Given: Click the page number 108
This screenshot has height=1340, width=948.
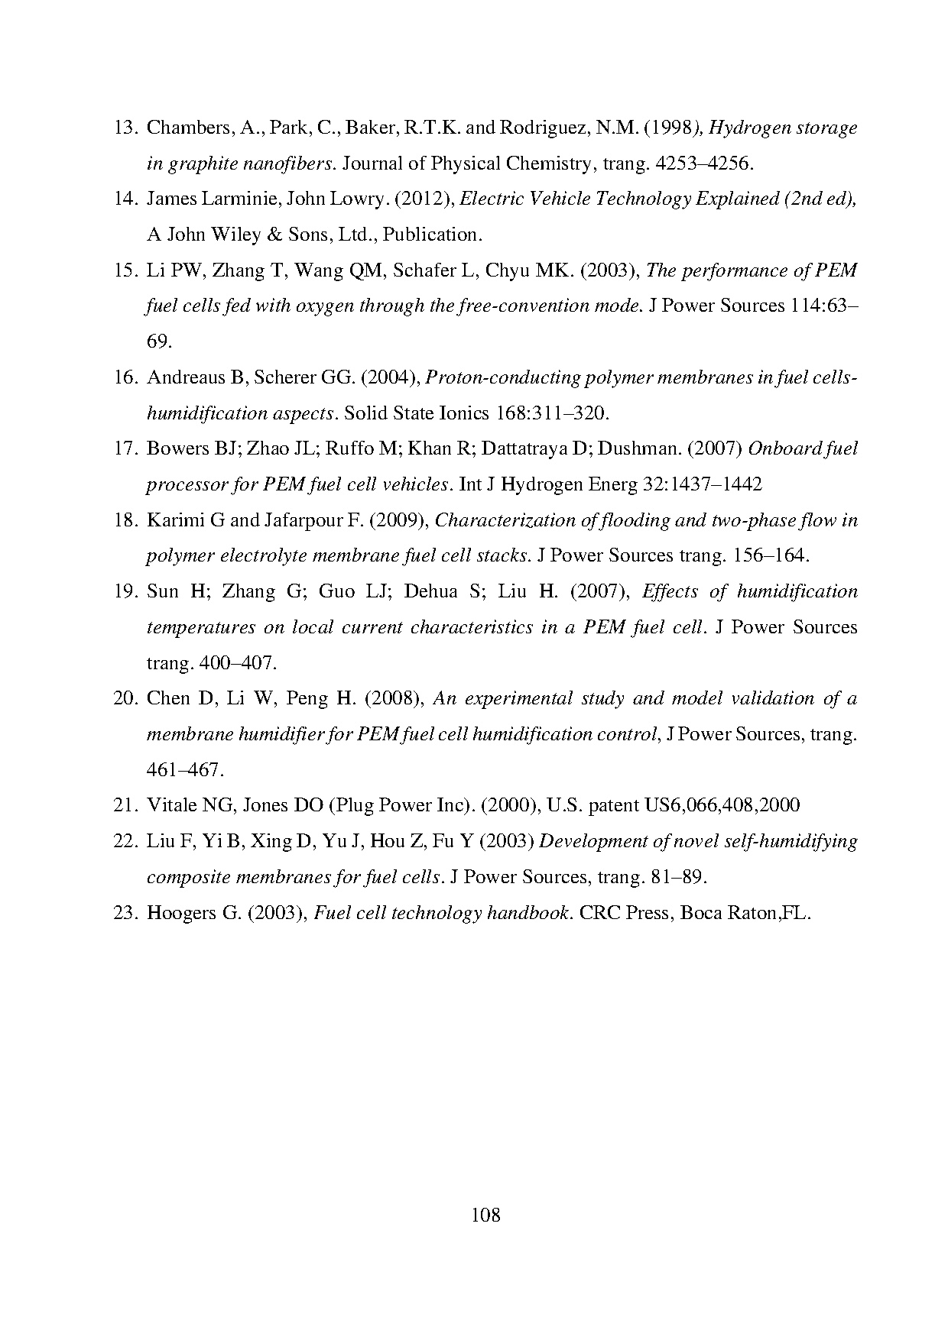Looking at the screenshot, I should coord(485,1214).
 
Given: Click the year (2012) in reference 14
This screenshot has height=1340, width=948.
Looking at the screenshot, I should coord(424,199).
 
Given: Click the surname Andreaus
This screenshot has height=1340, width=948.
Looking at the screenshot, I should coord(186,377).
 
